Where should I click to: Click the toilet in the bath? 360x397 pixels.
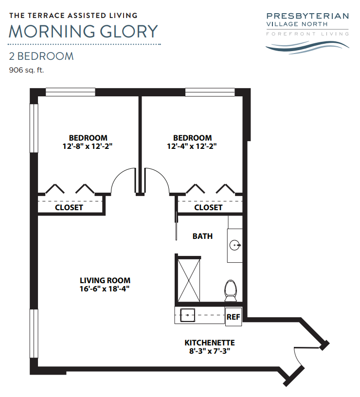pos(231,290)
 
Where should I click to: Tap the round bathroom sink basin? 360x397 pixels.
pos(234,245)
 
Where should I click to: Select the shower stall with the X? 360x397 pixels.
pos(189,280)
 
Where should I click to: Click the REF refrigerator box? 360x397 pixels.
pos(233,317)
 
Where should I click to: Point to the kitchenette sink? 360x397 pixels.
pos(187,315)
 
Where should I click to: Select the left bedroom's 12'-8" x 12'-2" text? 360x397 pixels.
pos(88,146)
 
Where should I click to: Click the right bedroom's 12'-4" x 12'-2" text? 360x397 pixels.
pos(192,146)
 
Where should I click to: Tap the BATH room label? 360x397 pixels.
pos(202,236)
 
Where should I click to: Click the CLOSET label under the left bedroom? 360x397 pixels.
pos(69,208)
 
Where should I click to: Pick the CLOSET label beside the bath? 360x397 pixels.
pos(208,208)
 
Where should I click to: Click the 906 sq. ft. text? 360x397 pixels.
pos(26,70)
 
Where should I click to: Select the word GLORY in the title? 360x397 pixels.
pos(129,32)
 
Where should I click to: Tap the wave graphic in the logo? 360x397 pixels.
pos(307,47)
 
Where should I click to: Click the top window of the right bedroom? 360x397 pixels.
pos(210,92)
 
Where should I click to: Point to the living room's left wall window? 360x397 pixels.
pos(34,333)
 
